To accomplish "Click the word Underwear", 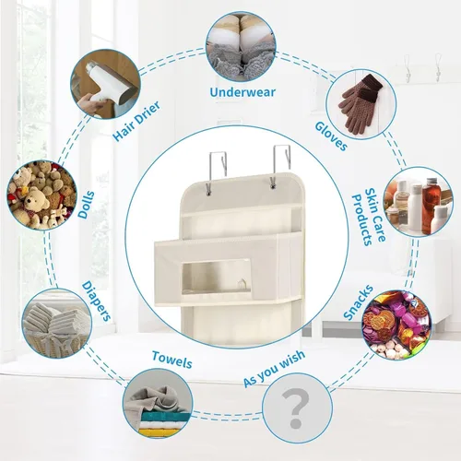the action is [x=242, y=92].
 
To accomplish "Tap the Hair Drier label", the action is [x=136, y=121].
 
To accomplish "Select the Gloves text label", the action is [x=331, y=136].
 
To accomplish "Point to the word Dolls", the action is [x=87, y=205].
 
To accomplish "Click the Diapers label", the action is [x=96, y=301].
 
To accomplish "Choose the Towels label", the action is [x=172, y=360].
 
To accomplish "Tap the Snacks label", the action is [x=359, y=302].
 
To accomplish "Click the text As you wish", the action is [x=275, y=368].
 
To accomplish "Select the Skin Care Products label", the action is [x=369, y=217].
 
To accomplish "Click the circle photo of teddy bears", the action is [x=41, y=195].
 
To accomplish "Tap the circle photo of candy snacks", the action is [x=397, y=325].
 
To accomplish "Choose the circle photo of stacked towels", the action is [x=158, y=404].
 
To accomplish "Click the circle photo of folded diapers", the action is [x=57, y=324].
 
